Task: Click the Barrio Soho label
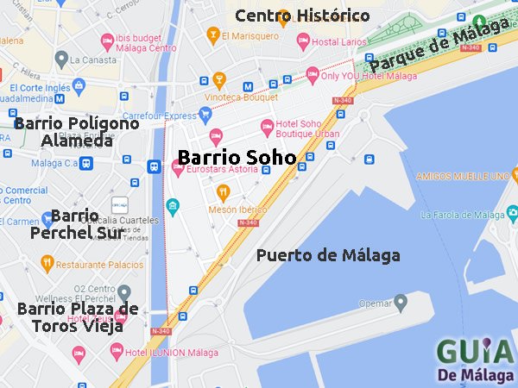[237, 157]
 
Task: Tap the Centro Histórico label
[302, 16]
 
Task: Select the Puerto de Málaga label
[328, 255]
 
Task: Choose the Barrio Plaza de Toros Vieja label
[78, 317]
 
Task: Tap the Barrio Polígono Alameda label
[76, 132]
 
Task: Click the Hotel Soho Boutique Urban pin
[267, 128]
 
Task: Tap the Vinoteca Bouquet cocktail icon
[219, 81]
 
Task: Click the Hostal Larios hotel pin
[303, 41]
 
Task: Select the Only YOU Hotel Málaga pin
[313, 76]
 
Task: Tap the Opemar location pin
[400, 303]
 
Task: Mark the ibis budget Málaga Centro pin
[108, 41]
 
